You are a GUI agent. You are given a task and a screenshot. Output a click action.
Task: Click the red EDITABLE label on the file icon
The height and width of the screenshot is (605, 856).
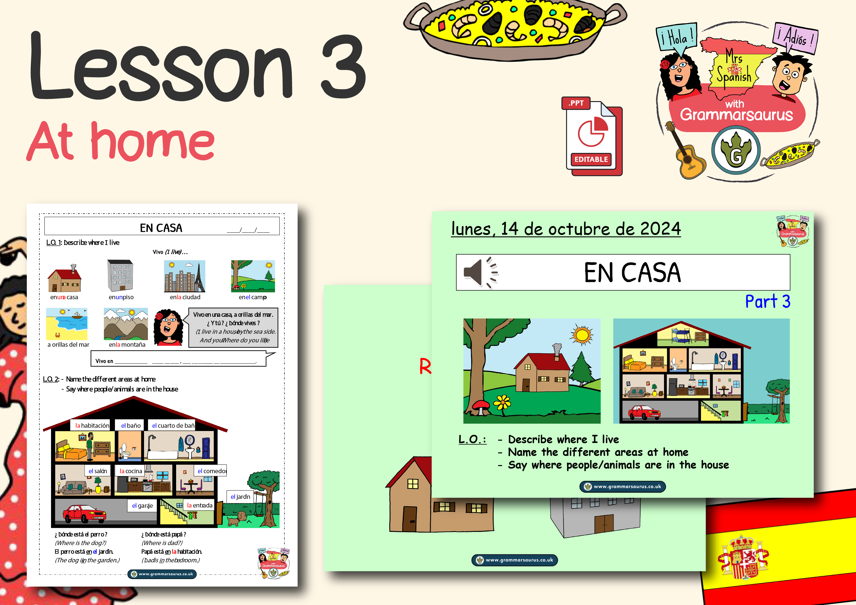[x=591, y=160]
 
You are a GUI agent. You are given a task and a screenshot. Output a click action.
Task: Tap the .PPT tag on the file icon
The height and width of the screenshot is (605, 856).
[x=576, y=103]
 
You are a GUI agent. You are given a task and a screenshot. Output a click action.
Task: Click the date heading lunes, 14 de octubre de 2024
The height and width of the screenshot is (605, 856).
[x=565, y=229]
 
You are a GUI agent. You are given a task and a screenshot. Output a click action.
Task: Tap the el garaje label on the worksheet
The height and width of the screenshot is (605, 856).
[x=142, y=505]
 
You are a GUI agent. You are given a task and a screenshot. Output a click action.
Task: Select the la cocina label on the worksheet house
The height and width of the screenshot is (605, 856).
[x=131, y=471]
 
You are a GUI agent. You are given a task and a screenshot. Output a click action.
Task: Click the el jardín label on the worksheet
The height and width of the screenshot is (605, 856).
[x=240, y=497]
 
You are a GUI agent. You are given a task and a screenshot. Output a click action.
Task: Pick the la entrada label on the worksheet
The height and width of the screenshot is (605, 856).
[x=200, y=505]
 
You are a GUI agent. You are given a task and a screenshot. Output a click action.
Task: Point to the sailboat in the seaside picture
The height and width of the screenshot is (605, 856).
[x=77, y=316]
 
